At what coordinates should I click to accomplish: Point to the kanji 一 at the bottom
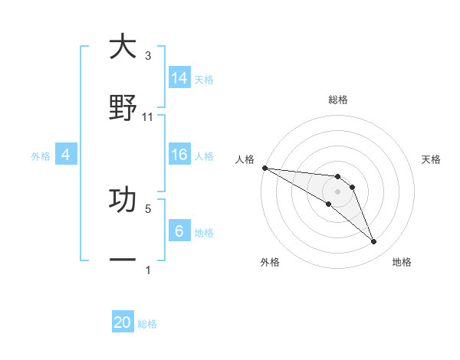[x=123, y=260]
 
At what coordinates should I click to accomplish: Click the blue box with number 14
[x=179, y=77]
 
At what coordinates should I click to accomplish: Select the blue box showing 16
[x=179, y=155]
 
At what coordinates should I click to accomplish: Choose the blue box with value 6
[x=179, y=231]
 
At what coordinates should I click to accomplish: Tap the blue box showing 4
[x=66, y=155]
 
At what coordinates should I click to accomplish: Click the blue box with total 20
[x=123, y=322]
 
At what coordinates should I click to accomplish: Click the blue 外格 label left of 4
[x=41, y=155]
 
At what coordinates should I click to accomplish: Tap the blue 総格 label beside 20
[x=147, y=324]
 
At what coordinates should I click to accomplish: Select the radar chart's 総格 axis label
[x=338, y=100]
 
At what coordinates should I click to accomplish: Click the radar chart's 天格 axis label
[x=431, y=159]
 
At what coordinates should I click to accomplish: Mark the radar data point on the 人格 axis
[x=264, y=168]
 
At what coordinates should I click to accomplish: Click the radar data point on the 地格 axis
[x=373, y=242]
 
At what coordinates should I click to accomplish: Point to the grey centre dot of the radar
[x=337, y=191]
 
